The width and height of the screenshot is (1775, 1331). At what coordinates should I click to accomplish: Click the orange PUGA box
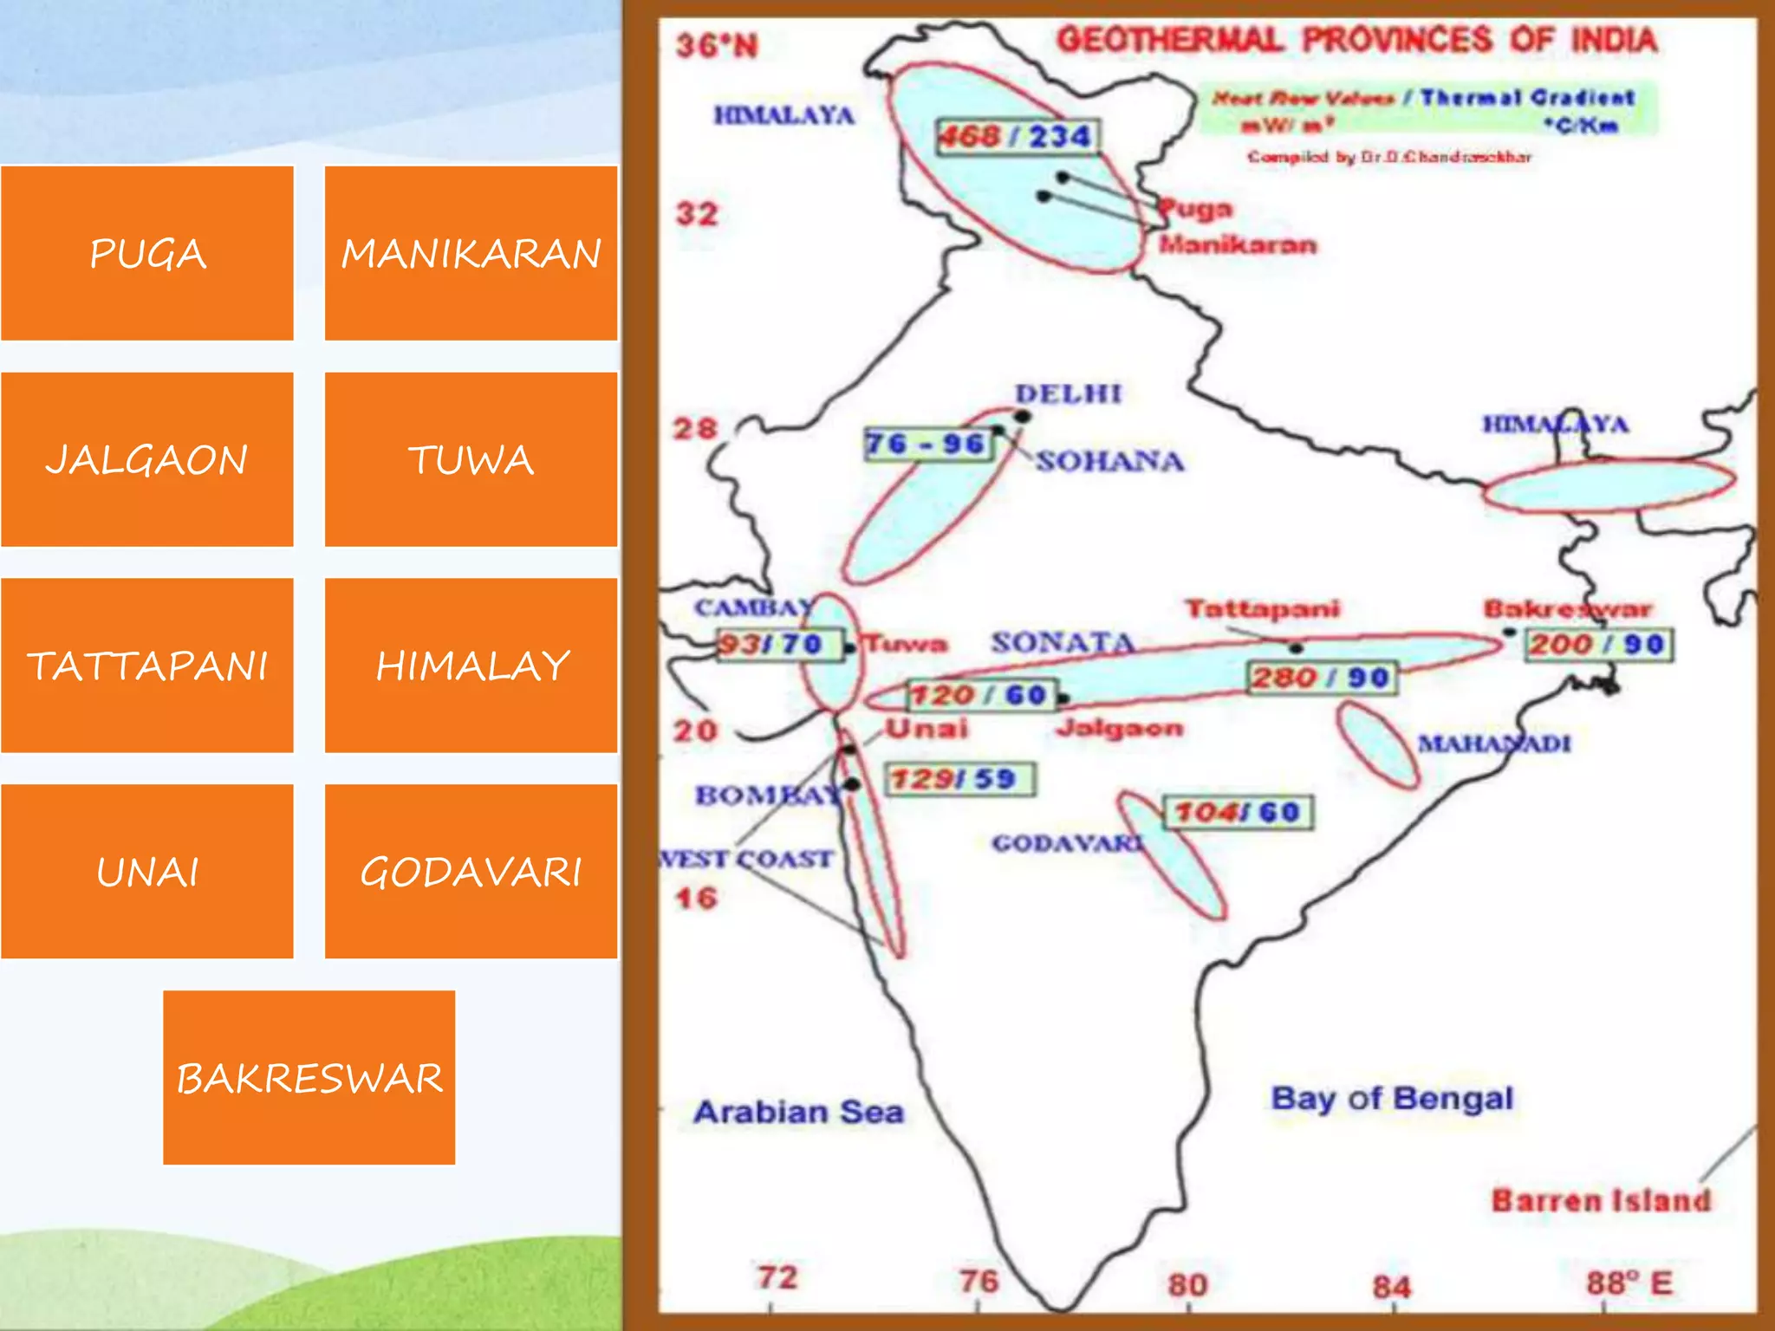[147, 253]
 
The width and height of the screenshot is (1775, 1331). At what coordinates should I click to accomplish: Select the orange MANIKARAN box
[471, 253]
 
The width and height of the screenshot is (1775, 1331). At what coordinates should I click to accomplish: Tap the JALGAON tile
[147, 459]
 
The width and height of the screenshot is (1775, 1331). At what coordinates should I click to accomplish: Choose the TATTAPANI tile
[147, 665]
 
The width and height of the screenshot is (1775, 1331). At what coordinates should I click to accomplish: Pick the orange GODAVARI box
[471, 872]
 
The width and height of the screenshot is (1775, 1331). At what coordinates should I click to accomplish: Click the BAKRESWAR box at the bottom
[309, 1078]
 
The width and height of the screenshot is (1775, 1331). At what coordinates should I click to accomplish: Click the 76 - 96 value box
[928, 445]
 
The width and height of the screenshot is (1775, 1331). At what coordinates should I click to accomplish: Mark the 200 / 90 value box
[1598, 645]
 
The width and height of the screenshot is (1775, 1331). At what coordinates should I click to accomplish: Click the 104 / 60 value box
[1238, 813]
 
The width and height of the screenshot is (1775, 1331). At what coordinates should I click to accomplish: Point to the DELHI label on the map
[1069, 394]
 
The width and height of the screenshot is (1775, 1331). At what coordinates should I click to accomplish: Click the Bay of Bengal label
[1392, 1099]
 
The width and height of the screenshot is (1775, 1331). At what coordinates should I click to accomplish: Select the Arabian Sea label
[798, 1112]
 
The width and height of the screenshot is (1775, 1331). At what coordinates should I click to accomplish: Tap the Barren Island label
[1601, 1201]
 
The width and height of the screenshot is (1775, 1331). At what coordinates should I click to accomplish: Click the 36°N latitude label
[716, 45]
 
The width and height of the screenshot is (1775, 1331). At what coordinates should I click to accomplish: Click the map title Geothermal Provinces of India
[1356, 40]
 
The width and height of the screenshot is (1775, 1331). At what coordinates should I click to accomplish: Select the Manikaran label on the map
[1238, 244]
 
